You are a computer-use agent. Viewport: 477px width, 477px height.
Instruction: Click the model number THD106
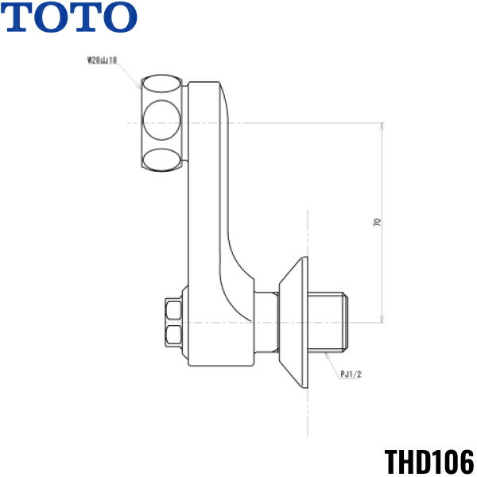429,460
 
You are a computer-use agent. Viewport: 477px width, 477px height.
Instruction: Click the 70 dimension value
376,223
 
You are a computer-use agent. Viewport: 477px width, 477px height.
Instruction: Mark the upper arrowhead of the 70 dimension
383,127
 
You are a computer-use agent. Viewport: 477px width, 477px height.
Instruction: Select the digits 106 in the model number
452,460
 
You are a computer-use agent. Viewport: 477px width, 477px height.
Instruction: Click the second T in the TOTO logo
83,17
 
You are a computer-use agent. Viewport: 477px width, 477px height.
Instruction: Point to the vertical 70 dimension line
383,262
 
